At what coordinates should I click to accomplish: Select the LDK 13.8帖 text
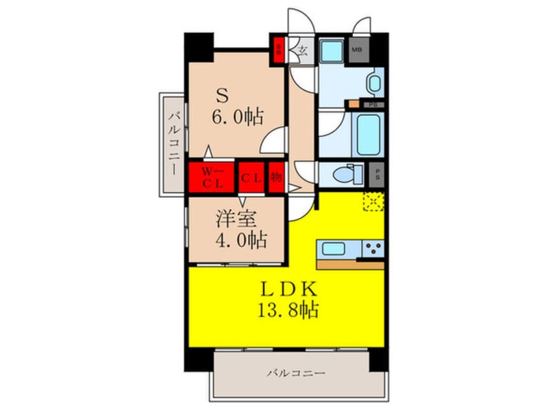[289, 299]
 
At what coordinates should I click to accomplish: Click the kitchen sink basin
[336, 249]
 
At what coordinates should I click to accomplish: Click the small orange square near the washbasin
[354, 103]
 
